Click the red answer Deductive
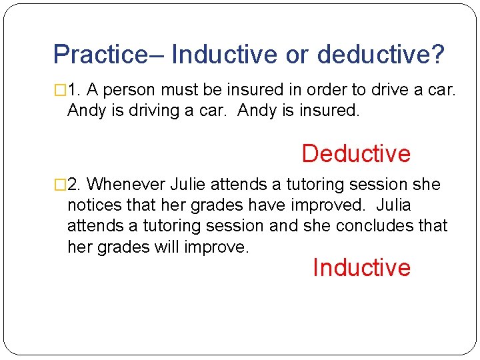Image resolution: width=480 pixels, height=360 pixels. click(x=356, y=153)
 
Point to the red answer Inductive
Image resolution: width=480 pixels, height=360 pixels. click(x=361, y=267)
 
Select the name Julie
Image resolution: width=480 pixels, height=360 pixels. click(x=191, y=184)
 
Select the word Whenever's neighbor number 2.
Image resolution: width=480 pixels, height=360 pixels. click(x=73, y=184)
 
